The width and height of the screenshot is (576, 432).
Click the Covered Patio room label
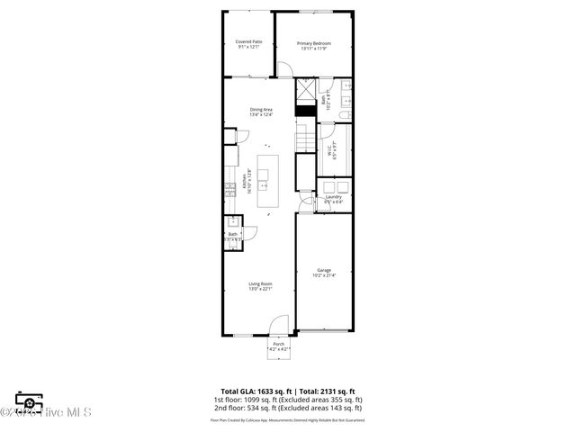tap(249, 41)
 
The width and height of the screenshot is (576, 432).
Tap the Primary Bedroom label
tap(315, 43)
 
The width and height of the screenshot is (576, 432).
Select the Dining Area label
tap(261, 110)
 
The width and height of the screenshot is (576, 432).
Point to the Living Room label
tap(261, 283)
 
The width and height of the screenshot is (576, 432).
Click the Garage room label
tap(324, 270)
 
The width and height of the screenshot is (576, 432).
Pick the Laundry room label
tap(333, 197)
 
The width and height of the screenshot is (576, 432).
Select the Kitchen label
tap(243, 184)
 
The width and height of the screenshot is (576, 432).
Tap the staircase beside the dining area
tap(306, 139)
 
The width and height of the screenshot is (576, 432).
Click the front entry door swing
tap(282, 325)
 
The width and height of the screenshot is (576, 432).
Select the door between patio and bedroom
tap(282, 68)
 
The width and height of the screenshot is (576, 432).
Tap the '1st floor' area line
tap(287, 399)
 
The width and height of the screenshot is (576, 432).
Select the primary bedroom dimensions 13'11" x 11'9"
tap(315, 49)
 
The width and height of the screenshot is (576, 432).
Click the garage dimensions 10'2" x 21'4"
tap(324, 275)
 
